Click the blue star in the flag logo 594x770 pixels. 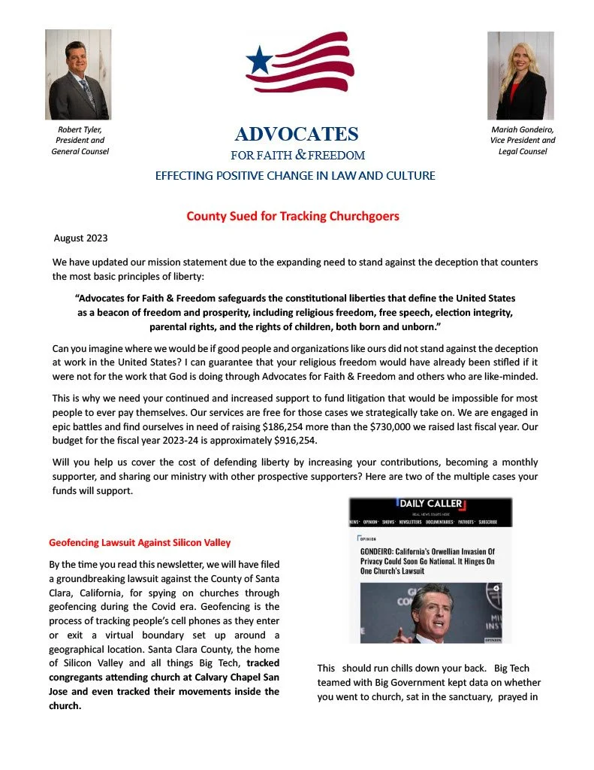[x=260, y=59]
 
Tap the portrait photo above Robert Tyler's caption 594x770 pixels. [x=78, y=74]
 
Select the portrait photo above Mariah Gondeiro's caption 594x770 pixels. [x=520, y=75]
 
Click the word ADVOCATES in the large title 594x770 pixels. [x=297, y=135]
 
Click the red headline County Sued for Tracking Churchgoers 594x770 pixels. [x=293, y=217]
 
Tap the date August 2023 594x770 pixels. [x=80, y=238]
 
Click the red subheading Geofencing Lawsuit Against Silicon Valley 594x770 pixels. [x=140, y=542]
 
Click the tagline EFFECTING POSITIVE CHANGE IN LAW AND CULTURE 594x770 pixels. [x=295, y=176]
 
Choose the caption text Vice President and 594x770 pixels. [x=523, y=140]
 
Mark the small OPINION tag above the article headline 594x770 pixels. [x=369, y=538]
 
